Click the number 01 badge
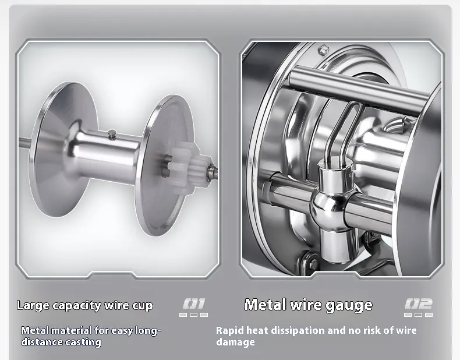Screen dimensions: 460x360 [194, 303]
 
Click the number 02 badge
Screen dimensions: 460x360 [419, 303]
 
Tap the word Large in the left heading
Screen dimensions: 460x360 [33, 306]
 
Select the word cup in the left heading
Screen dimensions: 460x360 [143, 306]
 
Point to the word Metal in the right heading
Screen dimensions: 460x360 [265, 304]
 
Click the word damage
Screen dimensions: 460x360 [236, 343]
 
